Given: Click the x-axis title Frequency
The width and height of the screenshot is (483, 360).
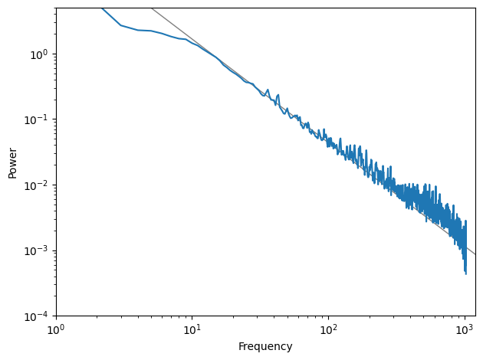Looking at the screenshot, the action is pos(265,346).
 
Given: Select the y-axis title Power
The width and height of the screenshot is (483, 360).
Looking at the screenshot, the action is pos(12,163).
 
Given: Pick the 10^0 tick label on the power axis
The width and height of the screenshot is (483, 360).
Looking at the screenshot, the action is pos(39,54).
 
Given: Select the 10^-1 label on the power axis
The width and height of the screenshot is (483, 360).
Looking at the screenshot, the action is pos(36,119).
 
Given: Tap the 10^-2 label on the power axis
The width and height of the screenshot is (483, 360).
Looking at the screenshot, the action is pos(36,185).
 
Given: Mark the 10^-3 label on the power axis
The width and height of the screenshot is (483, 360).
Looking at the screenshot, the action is pos(36,251).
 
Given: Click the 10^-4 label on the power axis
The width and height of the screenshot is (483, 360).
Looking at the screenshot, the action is pos(36,316).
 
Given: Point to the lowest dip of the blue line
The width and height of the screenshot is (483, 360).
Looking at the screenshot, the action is pos(466,273).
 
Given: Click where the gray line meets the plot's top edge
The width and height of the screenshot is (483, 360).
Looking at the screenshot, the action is pos(152,8).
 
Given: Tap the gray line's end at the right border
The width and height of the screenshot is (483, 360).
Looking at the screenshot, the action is pos(475,254).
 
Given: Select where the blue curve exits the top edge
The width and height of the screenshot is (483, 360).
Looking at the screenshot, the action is pos(102,8).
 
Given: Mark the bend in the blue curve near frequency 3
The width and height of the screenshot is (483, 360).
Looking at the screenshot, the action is pos(121,25).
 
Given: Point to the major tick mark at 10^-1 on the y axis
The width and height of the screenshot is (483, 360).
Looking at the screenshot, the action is pos(54,119).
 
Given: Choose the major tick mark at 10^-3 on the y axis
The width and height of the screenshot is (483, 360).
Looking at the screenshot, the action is pos(54,250).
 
